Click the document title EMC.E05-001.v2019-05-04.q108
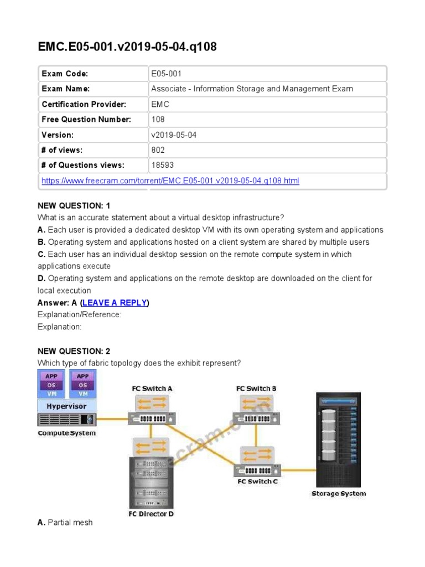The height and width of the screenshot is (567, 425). coord(127,47)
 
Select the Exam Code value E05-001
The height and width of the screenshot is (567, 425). coord(166,74)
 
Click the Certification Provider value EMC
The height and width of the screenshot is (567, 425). coord(160,104)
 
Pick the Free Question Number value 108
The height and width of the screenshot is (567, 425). coord(158,120)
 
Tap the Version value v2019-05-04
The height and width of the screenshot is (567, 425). coord(173,135)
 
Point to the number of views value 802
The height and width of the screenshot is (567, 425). coord(158,150)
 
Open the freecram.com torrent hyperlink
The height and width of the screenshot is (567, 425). coord(170,181)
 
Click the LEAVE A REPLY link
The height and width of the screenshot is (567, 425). coord(115,303)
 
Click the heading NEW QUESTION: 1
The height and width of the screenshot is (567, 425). coord(74,206)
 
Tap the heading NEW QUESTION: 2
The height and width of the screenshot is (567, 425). coord(74,352)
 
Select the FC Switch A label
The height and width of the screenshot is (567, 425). coord(152,389)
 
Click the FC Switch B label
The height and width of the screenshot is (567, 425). coord(257,389)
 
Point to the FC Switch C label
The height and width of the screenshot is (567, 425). coord(258,481)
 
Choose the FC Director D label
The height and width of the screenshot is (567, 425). coord(151,514)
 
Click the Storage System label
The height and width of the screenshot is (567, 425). coord(338,493)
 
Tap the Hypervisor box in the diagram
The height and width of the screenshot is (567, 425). coord(66,406)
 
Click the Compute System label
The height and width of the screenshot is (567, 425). coord(66,433)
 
